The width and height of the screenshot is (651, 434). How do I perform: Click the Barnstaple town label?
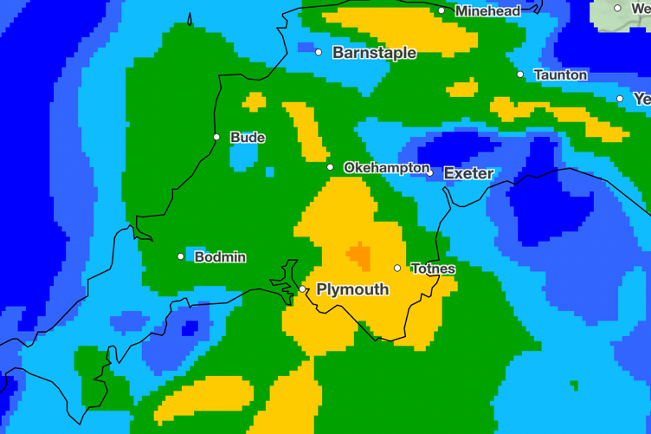click(x=374, y=53)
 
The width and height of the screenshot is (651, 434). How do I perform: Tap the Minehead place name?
click(x=487, y=11)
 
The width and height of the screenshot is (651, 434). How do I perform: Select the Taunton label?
click(x=560, y=75)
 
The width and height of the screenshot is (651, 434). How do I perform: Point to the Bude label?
click(x=248, y=138)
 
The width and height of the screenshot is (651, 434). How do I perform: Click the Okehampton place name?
click(x=385, y=167)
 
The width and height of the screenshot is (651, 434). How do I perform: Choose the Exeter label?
click(x=468, y=173)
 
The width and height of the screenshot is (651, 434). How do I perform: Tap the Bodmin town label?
click(x=220, y=257)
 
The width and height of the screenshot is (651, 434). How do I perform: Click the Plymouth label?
click(x=352, y=289)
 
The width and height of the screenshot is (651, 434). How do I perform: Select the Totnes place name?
click(x=433, y=269)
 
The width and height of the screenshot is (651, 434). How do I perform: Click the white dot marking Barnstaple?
click(x=319, y=53)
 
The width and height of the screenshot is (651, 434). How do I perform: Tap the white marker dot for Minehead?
click(x=442, y=11)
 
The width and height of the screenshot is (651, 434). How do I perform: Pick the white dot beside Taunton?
click(x=520, y=74)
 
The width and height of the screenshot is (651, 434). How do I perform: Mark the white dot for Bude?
click(x=216, y=137)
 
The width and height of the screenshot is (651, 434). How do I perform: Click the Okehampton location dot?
click(x=330, y=167)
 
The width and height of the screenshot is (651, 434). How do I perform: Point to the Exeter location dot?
click(x=429, y=173)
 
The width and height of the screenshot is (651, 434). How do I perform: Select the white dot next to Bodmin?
click(x=181, y=256)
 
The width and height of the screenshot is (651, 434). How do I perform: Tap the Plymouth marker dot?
click(x=302, y=289)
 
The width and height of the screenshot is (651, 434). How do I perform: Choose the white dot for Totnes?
click(x=397, y=268)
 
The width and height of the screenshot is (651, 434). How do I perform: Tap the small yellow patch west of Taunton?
click(x=462, y=88)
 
